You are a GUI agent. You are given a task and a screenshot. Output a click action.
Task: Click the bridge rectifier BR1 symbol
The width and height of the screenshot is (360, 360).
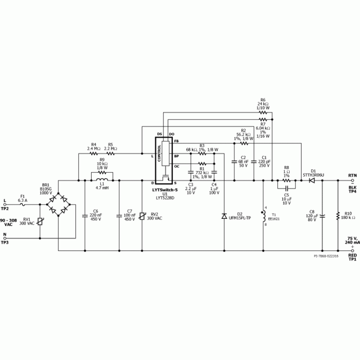point(58,208)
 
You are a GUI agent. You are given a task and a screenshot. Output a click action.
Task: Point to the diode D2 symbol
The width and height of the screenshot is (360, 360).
point(224,216)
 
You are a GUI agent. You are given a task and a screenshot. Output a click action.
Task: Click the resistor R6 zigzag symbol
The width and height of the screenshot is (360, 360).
point(263,111)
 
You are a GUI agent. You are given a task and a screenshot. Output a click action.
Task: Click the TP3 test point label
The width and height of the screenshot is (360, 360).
point(4,242)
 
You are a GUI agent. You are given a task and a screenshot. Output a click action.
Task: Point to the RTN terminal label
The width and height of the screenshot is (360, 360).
point(353,176)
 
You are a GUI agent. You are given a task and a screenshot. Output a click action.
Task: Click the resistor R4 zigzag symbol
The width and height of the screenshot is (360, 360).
point(94,153)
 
